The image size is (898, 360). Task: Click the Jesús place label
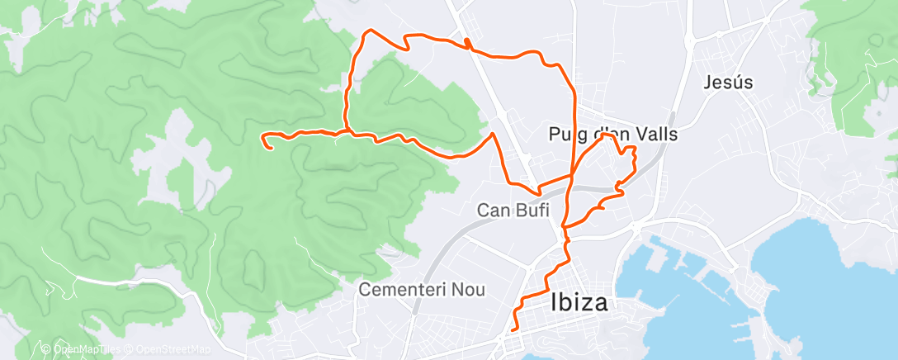coord(730,83)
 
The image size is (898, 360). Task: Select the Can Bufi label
coord(513,211)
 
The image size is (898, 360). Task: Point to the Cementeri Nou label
coord(422,290)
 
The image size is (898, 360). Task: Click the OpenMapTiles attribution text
coord(85,349)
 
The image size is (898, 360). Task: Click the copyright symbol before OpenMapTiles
coord(46,349)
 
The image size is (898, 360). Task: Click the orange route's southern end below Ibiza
coord(513,329)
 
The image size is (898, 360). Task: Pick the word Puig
coord(566,134)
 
